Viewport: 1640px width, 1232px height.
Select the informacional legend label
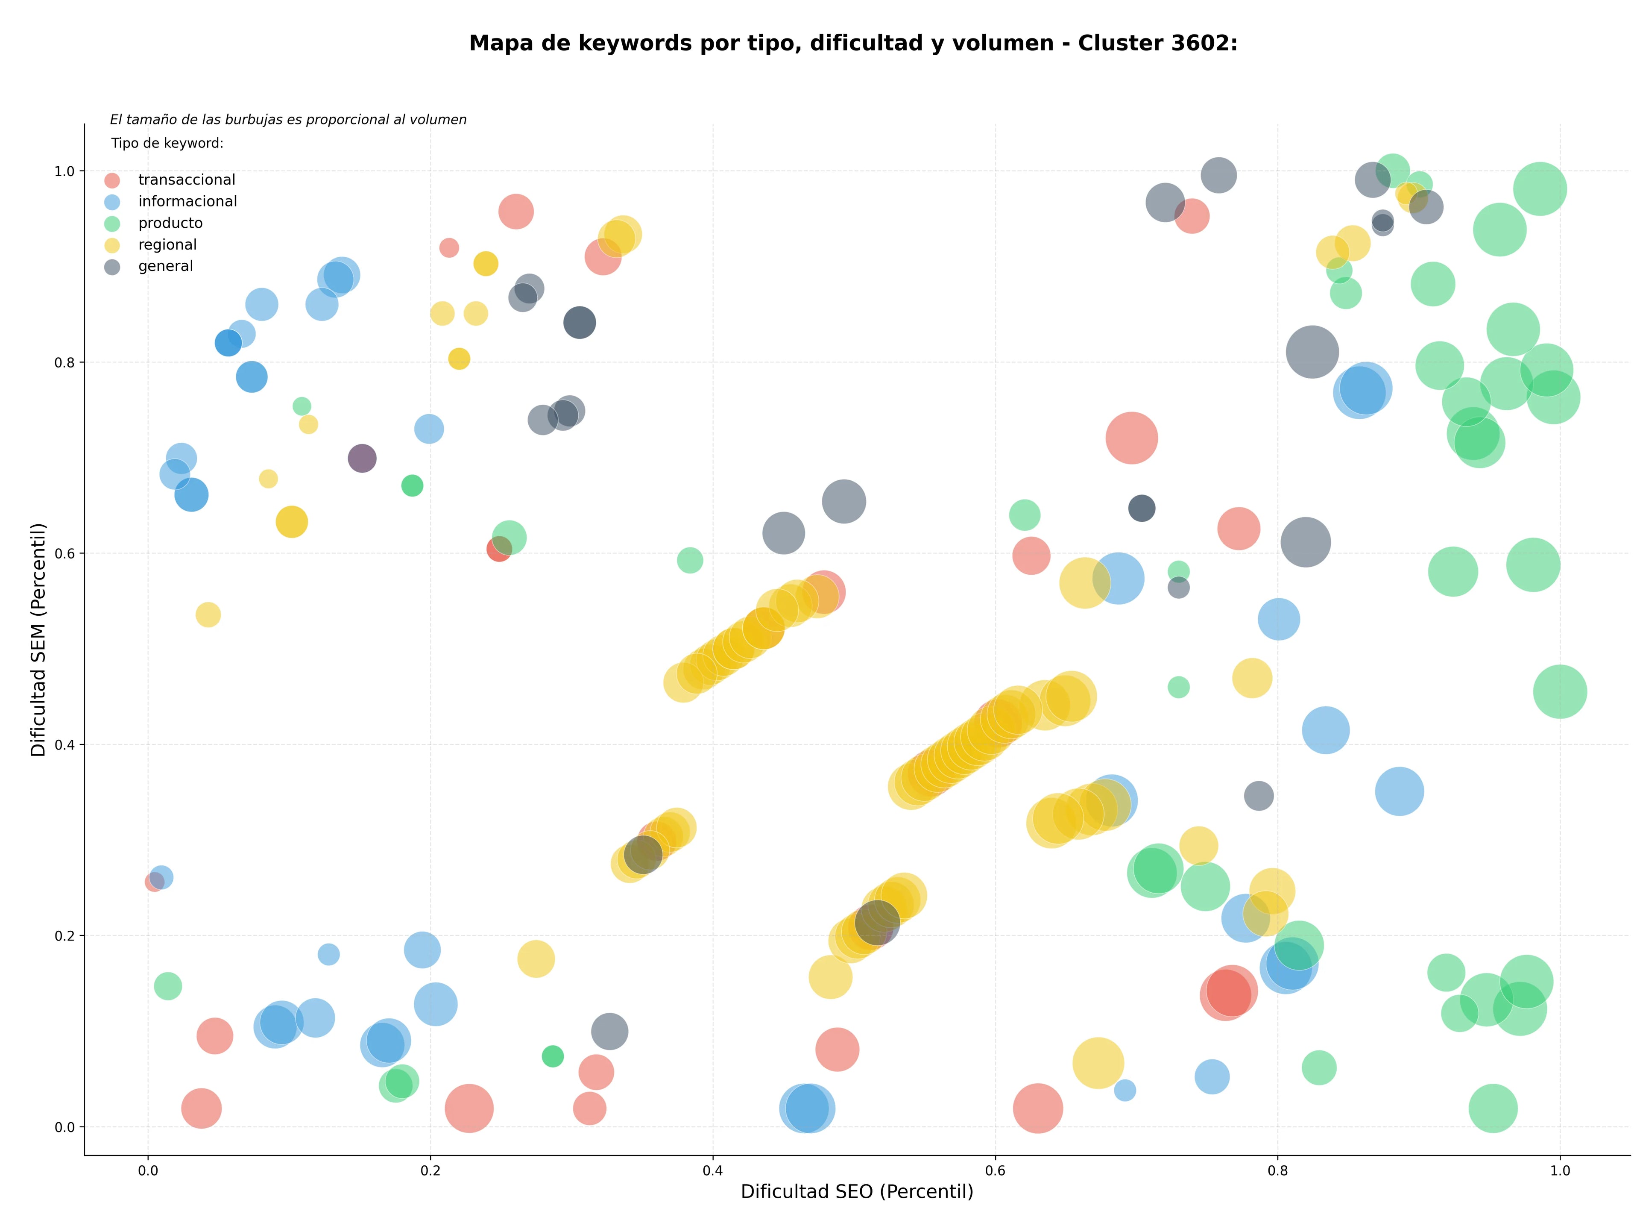tap(187, 202)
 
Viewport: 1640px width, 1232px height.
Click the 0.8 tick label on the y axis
tap(65, 363)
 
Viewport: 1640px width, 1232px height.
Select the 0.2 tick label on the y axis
tap(65, 936)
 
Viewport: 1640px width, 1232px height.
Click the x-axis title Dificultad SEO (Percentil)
tap(857, 1192)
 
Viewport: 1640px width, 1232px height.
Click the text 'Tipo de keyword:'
tap(167, 143)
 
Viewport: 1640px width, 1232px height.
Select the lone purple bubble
tap(362, 459)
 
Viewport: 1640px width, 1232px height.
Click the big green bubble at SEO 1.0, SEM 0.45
tap(1560, 692)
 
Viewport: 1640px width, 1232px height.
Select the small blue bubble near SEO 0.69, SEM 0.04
tap(1125, 1090)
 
